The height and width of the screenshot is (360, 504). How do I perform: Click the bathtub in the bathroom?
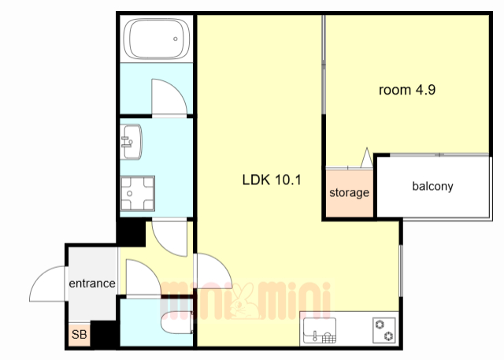[x=157, y=39]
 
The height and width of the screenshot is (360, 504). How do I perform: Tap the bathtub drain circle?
[x=175, y=39]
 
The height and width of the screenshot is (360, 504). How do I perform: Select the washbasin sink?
[x=132, y=142]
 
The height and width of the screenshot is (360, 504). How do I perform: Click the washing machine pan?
[x=137, y=193]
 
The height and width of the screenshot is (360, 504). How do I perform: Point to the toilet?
[x=176, y=322]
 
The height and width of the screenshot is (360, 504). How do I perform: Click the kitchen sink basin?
[x=320, y=330]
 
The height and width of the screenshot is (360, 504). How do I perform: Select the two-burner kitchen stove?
[x=384, y=330]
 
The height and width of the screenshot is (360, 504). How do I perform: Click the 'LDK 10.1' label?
[x=272, y=180]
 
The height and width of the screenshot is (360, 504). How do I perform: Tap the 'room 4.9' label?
[x=407, y=90]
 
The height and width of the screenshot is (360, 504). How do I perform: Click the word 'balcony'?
[x=432, y=186]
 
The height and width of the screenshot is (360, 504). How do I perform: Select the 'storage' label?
[x=349, y=193]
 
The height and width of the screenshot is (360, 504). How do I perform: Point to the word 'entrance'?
[x=92, y=283]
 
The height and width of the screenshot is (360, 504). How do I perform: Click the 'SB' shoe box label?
[x=79, y=335]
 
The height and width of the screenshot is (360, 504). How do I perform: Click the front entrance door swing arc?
[x=40, y=277]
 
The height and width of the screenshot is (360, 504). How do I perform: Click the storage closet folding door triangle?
[x=367, y=158]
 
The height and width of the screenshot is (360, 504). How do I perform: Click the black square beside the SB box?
[x=105, y=334]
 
